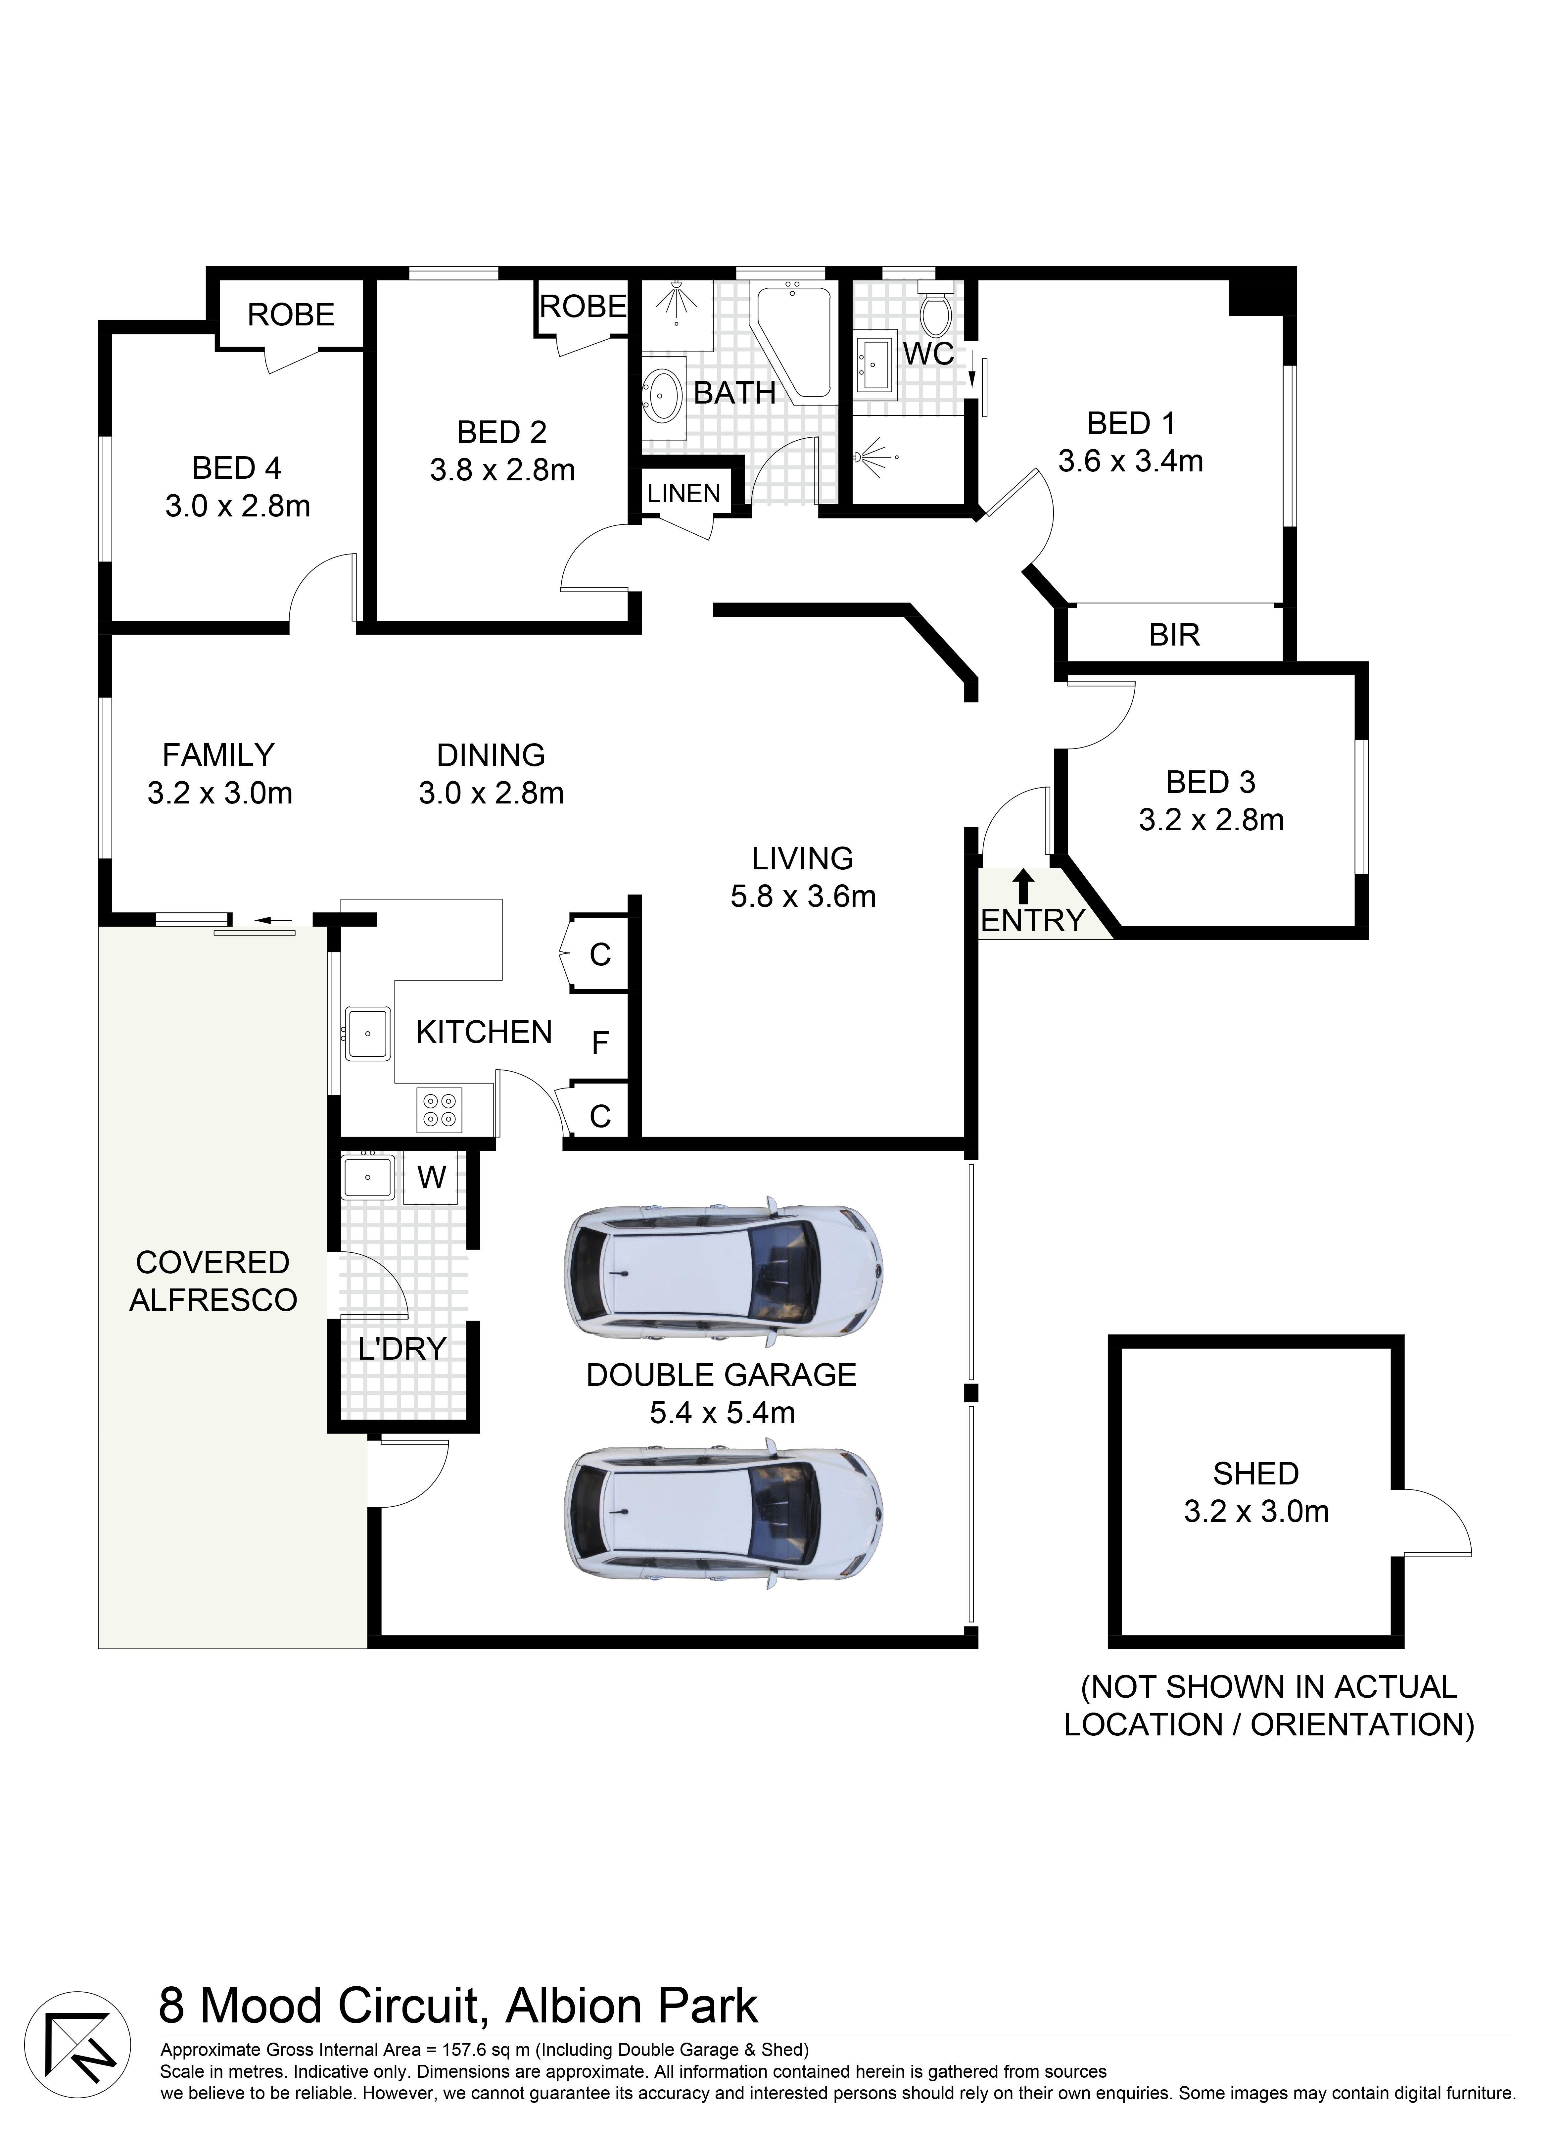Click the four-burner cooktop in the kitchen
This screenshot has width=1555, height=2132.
(440, 1109)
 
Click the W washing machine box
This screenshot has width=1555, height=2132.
(431, 1177)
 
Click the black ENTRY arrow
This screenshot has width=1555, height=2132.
(1023, 887)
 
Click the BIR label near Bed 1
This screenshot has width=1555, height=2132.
(1175, 635)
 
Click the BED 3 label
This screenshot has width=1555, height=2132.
(1210, 782)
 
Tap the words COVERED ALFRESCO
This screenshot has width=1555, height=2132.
(214, 1281)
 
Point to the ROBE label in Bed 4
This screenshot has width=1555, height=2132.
(291, 315)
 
